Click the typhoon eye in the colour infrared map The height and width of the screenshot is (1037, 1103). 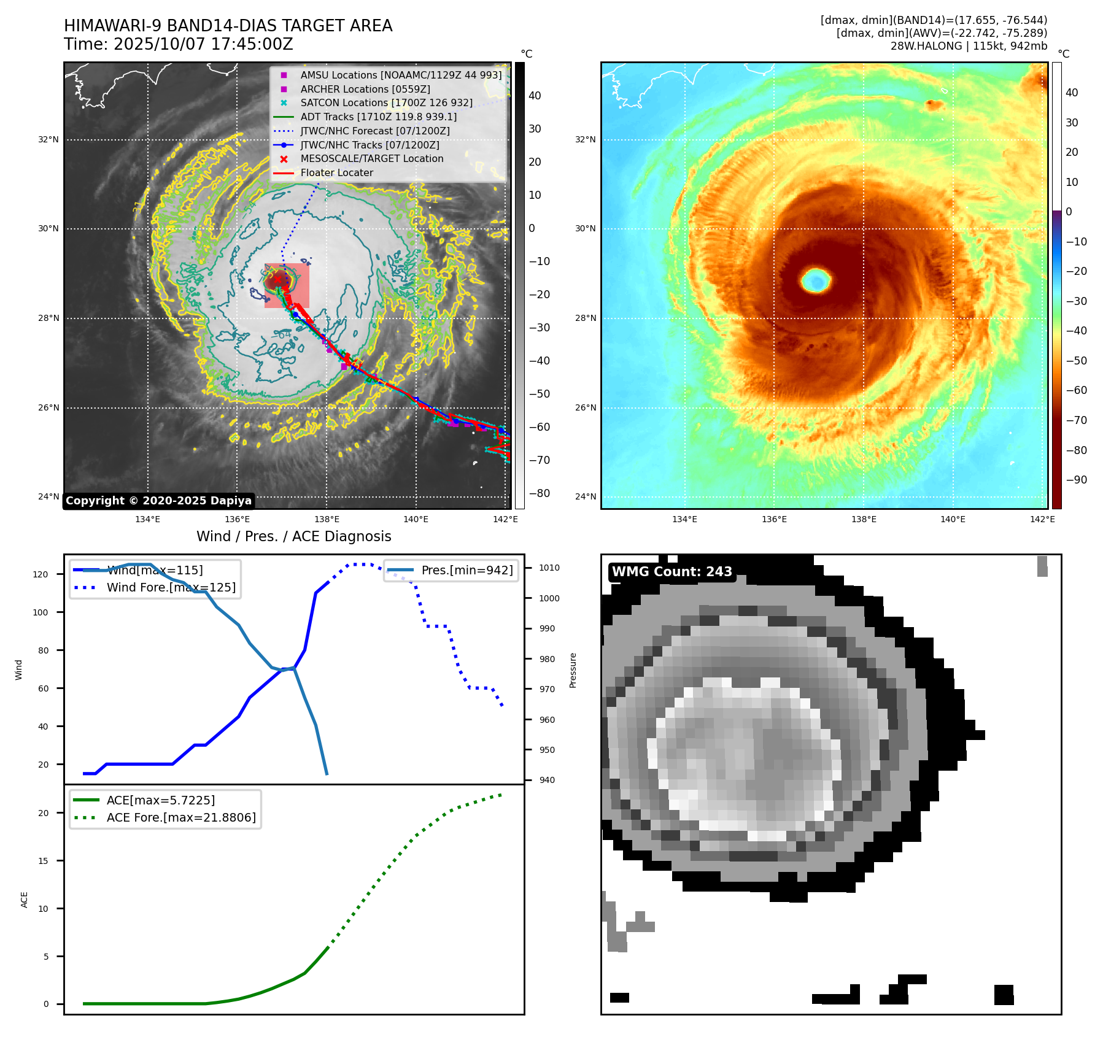816,280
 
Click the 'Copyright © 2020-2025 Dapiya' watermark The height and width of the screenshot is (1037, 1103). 158,501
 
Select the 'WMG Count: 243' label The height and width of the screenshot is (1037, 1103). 671,572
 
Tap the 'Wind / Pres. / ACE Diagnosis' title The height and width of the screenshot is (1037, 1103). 293,536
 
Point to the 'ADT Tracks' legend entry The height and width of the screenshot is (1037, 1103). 378,117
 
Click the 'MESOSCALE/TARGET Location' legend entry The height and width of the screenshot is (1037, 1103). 371,158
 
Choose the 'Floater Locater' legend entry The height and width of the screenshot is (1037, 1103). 336,172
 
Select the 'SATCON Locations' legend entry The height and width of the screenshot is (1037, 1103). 386,102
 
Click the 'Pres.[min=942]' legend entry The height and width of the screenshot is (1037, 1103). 466,570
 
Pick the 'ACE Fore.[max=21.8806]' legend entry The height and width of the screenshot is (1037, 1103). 181,817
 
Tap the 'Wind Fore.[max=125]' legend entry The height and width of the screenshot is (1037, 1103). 171,587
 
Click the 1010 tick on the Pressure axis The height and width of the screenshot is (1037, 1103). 549,568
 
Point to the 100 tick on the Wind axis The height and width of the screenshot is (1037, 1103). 40,612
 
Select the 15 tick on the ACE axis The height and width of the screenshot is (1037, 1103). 43,861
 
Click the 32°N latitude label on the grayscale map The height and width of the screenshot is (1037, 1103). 48,139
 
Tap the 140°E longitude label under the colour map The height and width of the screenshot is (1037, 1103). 953,519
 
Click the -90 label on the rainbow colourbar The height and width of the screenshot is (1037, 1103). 1076,480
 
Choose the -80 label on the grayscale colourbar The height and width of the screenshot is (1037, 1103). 540,493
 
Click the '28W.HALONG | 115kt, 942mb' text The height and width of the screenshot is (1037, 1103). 969,46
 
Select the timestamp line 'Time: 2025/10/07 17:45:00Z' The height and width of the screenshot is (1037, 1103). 178,44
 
